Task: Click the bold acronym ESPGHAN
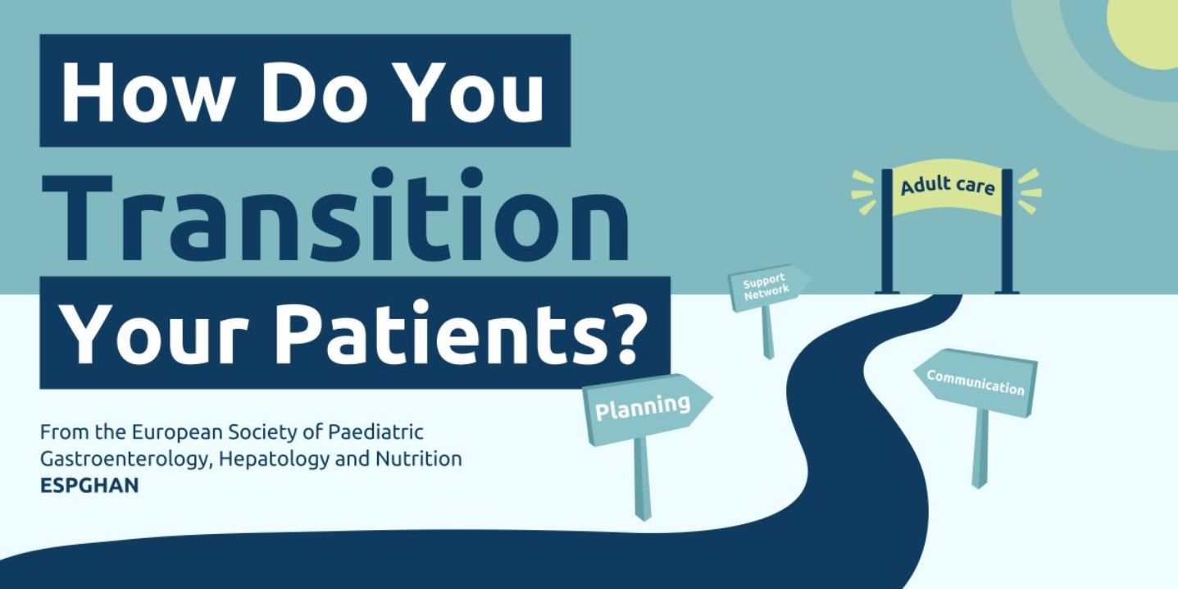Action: [89, 486]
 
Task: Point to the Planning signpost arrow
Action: [647, 408]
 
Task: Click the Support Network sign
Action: [768, 287]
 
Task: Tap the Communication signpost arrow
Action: [976, 382]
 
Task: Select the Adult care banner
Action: [947, 187]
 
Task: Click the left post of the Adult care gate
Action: [887, 231]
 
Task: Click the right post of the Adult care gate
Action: [1007, 231]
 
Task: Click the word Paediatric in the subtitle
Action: [375, 432]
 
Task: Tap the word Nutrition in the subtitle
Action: [419, 459]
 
